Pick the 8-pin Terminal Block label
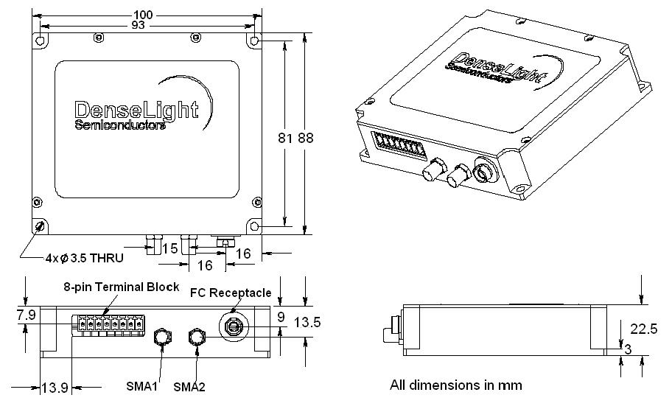pos(121,287)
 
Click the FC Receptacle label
pos(231,293)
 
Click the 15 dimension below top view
pos(169,250)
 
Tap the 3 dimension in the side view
pos(628,349)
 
